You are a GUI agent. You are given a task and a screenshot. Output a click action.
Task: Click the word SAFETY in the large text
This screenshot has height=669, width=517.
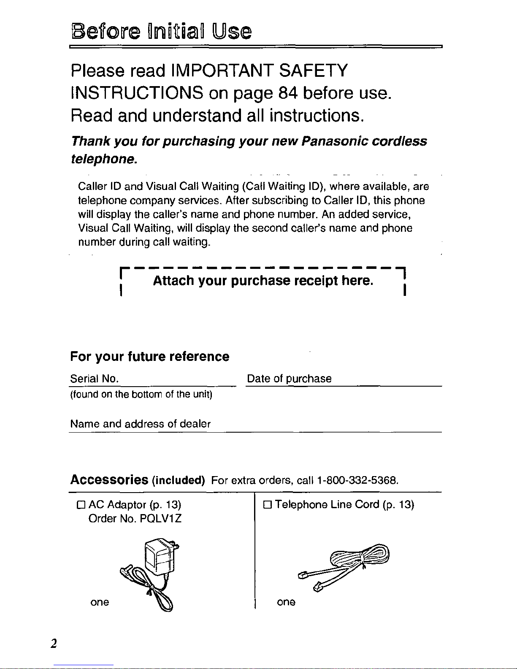(313, 70)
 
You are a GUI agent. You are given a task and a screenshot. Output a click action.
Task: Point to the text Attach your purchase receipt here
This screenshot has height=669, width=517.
(263, 281)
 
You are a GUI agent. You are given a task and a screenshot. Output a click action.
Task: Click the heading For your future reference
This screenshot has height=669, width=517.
(149, 357)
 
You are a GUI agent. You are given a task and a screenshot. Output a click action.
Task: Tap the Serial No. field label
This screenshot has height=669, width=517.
(94, 379)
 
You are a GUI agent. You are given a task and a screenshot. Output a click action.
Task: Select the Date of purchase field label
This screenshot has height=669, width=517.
(289, 379)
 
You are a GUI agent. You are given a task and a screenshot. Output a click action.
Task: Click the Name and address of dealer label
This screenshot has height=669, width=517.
(140, 424)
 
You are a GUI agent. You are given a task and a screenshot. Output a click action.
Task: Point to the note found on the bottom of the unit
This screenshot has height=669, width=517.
(141, 394)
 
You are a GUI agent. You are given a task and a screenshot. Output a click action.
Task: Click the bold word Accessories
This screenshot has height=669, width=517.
(109, 480)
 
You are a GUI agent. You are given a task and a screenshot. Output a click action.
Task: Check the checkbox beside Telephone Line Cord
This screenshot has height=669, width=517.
(267, 505)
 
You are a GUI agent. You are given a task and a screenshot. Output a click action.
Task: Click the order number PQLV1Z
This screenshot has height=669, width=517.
(163, 518)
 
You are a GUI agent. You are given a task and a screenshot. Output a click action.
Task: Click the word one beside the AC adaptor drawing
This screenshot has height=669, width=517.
(100, 602)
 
